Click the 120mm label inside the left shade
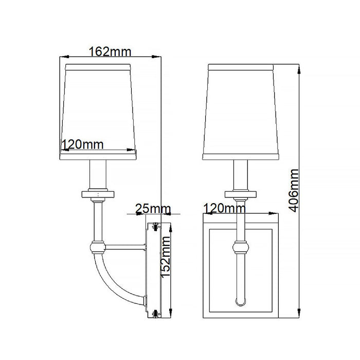tap(83, 145)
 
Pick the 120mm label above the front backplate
tap(224, 208)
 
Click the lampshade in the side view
tap(98, 108)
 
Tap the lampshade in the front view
tap(240, 108)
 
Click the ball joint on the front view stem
tap(240, 247)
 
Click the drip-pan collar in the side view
tap(98, 194)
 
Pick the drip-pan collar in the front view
tap(240, 194)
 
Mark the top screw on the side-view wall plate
tap(156, 224)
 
